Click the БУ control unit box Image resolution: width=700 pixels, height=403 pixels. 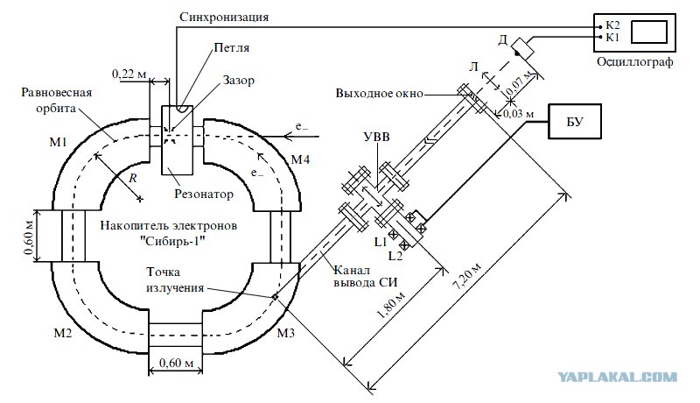point(575,121)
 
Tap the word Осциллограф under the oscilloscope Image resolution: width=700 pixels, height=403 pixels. point(635,61)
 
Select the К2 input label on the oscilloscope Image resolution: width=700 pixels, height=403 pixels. point(612,25)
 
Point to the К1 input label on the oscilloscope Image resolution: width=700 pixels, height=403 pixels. point(612,37)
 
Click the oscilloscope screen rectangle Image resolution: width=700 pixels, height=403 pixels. point(649,32)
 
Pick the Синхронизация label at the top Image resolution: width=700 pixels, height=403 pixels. point(224,18)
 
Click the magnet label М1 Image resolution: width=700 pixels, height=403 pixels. point(58,143)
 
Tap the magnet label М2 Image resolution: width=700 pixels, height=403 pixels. point(62,333)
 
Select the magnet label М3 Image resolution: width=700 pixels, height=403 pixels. point(286,333)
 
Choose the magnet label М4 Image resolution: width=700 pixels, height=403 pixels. point(300,159)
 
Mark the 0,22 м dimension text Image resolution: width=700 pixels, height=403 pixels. point(129,74)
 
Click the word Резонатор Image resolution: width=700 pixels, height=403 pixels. point(204,194)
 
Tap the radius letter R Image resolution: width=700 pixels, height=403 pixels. point(133,178)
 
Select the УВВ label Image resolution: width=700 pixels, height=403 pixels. point(377,137)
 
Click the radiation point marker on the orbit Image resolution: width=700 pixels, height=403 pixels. point(275,296)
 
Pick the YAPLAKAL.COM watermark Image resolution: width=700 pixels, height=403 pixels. point(618,378)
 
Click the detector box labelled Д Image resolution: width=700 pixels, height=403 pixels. point(522,47)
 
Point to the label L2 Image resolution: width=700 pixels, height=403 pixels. point(395,256)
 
